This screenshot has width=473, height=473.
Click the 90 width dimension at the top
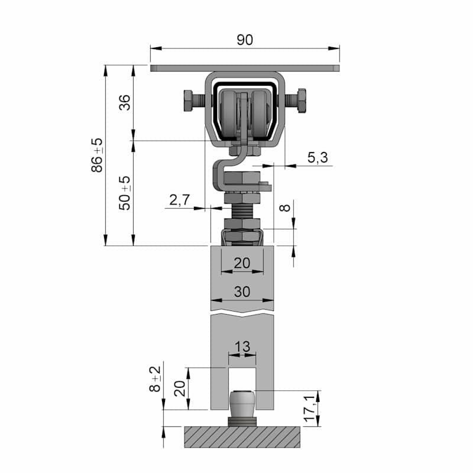click(x=245, y=40)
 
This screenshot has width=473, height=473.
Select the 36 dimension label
click(x=124, y=102)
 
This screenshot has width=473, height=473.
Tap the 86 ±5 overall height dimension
click(x=97, y=155)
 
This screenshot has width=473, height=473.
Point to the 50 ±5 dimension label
click(x=124, y=193)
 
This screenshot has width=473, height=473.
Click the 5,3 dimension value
click(x=318, y=157)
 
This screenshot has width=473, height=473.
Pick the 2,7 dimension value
click(x=180, y=200)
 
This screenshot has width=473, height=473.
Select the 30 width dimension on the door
click(x=242, y=291)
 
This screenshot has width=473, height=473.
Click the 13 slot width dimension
click(x=242, y=346)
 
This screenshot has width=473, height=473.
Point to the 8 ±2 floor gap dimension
click(x=155, y=379)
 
